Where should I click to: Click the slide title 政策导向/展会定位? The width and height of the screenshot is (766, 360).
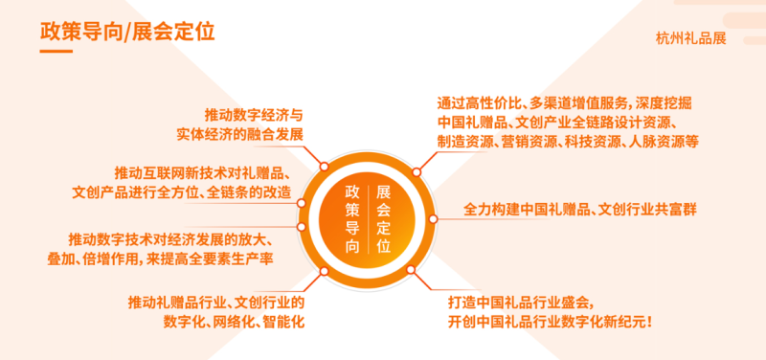[x=127, y=32]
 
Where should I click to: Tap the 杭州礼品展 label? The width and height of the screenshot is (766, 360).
[x=690, y=38]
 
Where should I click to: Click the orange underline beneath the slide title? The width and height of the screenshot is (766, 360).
[x=56, y=51]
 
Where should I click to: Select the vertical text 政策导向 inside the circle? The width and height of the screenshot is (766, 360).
[x=352, y=219]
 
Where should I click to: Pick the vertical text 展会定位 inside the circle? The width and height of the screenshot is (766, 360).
[x=384, y=219]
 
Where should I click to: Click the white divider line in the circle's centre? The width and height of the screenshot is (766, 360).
[x=368, y=219]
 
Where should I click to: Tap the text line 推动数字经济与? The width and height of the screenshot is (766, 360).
[x=254, y=115]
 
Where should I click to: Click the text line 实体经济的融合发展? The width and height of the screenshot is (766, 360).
[x=240, y=134]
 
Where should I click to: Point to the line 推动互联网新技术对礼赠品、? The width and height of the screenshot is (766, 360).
[x=203, y=172]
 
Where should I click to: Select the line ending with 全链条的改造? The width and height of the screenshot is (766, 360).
[x=182, y=191]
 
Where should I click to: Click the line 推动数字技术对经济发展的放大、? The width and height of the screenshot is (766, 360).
[x=170, y=239]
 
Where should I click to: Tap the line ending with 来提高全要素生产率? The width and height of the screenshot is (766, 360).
[x=160, y=259]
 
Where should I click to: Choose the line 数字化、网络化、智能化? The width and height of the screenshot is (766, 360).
[x=234, y=322]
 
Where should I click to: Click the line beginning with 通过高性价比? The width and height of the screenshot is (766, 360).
[x=564, y=103]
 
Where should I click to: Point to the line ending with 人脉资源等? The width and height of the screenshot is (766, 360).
[x=568, y=141]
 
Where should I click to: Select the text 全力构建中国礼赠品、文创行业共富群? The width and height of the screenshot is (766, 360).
[x=580, y=210]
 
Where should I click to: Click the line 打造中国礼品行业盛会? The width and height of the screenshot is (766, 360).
[x=521, y=303]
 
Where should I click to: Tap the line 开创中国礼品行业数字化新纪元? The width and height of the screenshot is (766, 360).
[x=550, y=322]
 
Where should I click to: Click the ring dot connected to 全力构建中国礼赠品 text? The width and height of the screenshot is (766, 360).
[x=433, y=219]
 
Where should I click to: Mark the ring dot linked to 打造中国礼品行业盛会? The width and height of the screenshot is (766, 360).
[x=411, y=269]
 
